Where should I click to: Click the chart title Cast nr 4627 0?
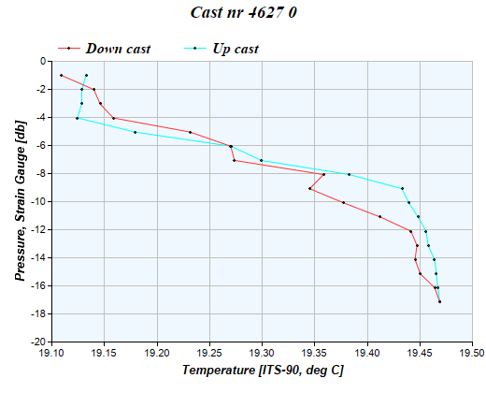[x=243, y=15]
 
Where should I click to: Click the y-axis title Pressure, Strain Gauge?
[x=20, y=201]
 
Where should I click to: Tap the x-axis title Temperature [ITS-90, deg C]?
[x=263, y=371]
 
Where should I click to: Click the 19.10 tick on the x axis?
[x=52, y=354]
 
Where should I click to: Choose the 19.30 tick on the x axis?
[x=263, y=354]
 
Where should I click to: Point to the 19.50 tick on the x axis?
[x=473, y=354]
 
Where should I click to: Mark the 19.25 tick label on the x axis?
[x=210, y=354]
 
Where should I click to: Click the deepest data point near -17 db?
[x=439, y=301]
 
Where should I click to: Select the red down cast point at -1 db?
[x=61, y=76]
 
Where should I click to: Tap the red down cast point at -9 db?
[x=309, y=189]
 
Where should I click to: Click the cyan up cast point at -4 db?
[x=77, y=118]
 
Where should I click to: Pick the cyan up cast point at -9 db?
[x=402, y=188]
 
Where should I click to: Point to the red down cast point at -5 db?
[x=190, y=132]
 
